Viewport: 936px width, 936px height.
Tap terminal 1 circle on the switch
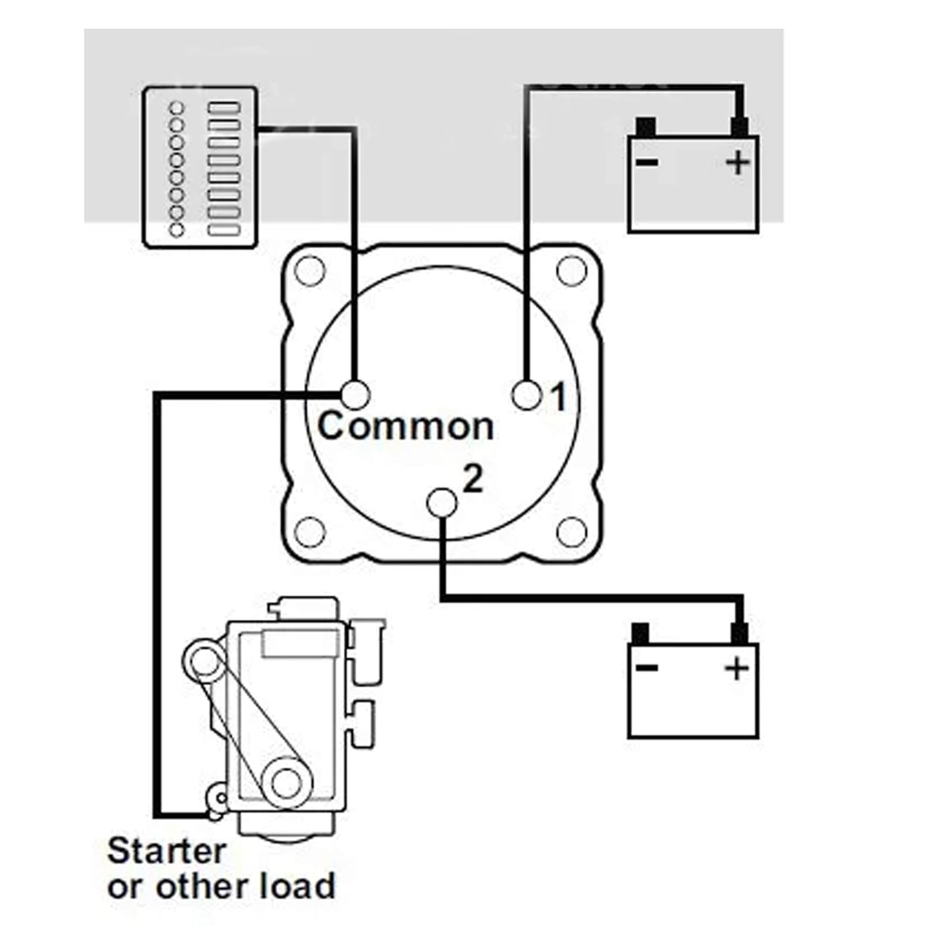tap(526, 394)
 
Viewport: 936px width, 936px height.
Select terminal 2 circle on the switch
tap(442, 503)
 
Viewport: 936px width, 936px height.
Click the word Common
tap(406, 426)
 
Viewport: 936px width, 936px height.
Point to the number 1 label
tap(558, 396)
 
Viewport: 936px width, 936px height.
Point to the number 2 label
tap(473, 480)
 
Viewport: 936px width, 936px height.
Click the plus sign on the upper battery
tap(738, 163)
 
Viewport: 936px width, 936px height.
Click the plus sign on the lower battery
tap(737, 669)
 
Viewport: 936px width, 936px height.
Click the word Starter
tap(166, 851)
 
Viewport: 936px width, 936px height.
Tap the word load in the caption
tap(296, 886)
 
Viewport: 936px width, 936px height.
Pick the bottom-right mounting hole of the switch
tap(571, 532)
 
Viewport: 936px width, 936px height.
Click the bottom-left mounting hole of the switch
tap(310, 532)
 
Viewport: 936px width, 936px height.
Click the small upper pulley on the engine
tap(203, 663)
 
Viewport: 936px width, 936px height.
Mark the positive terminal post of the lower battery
tap(739, 633)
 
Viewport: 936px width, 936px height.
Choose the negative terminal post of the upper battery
tap(646, 127)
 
